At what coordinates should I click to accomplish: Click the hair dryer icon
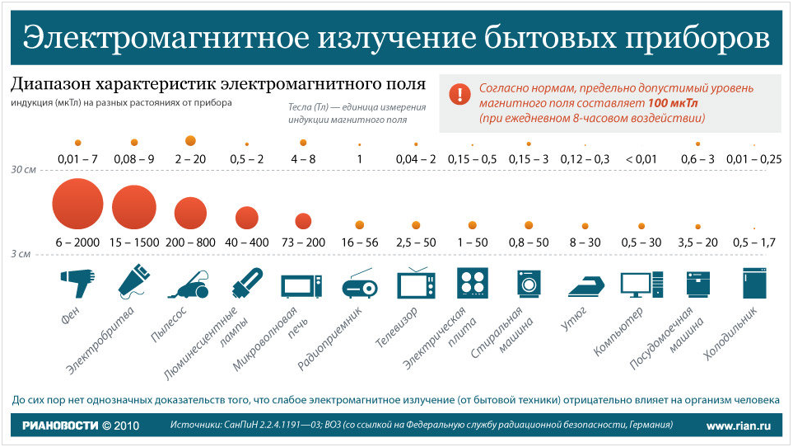pyautogui.click(x=77, y=284)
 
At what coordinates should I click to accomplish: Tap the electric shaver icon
pyautogui.click(x=135, y=280)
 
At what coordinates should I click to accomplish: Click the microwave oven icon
pyautogui.click(x=302, y=285)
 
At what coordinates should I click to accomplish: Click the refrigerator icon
pyautogui.click(x=755, y=284)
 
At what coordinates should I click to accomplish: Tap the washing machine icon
pyautogui.click(x=529, y=284)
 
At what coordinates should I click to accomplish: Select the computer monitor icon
pyautogui.click(x=641, y=284)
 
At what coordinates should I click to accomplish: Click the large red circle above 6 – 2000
pyautogui.click(x=77, y=205)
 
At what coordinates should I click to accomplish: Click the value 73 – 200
pyautogui.click(x=302, y=242)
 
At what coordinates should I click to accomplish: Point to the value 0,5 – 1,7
pyautogui.click(x=755, y=242)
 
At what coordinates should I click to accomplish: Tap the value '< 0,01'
pyautogui.click(x=641, y=159)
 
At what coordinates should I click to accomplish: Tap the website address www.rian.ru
pyautogui.click(x=739, y=426)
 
